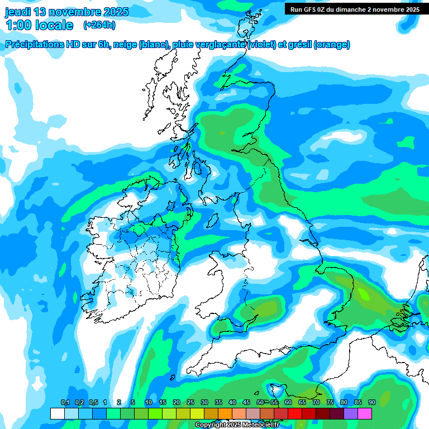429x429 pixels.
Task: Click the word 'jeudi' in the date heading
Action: [x=17, y=12]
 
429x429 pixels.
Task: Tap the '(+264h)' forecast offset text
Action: [x=99, y=25]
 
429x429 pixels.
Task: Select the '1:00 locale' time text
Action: [x=39, y=25]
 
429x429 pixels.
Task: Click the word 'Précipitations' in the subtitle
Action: [x=35, y=45]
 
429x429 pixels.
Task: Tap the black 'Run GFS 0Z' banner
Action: [x=355, y=9]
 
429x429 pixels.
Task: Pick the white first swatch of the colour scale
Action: [x=57, y=413]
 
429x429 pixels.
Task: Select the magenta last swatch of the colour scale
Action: [x=364, y=413]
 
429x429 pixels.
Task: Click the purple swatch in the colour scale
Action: [x=350, y=413]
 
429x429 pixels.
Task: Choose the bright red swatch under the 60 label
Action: [x=294, y=413]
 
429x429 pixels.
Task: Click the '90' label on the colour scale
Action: [x=371, y=402]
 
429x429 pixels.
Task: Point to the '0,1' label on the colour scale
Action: [x=65, y=402]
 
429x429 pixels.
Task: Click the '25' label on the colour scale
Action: [x=190, y=402]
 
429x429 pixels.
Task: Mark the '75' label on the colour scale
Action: [x=330, y=402]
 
